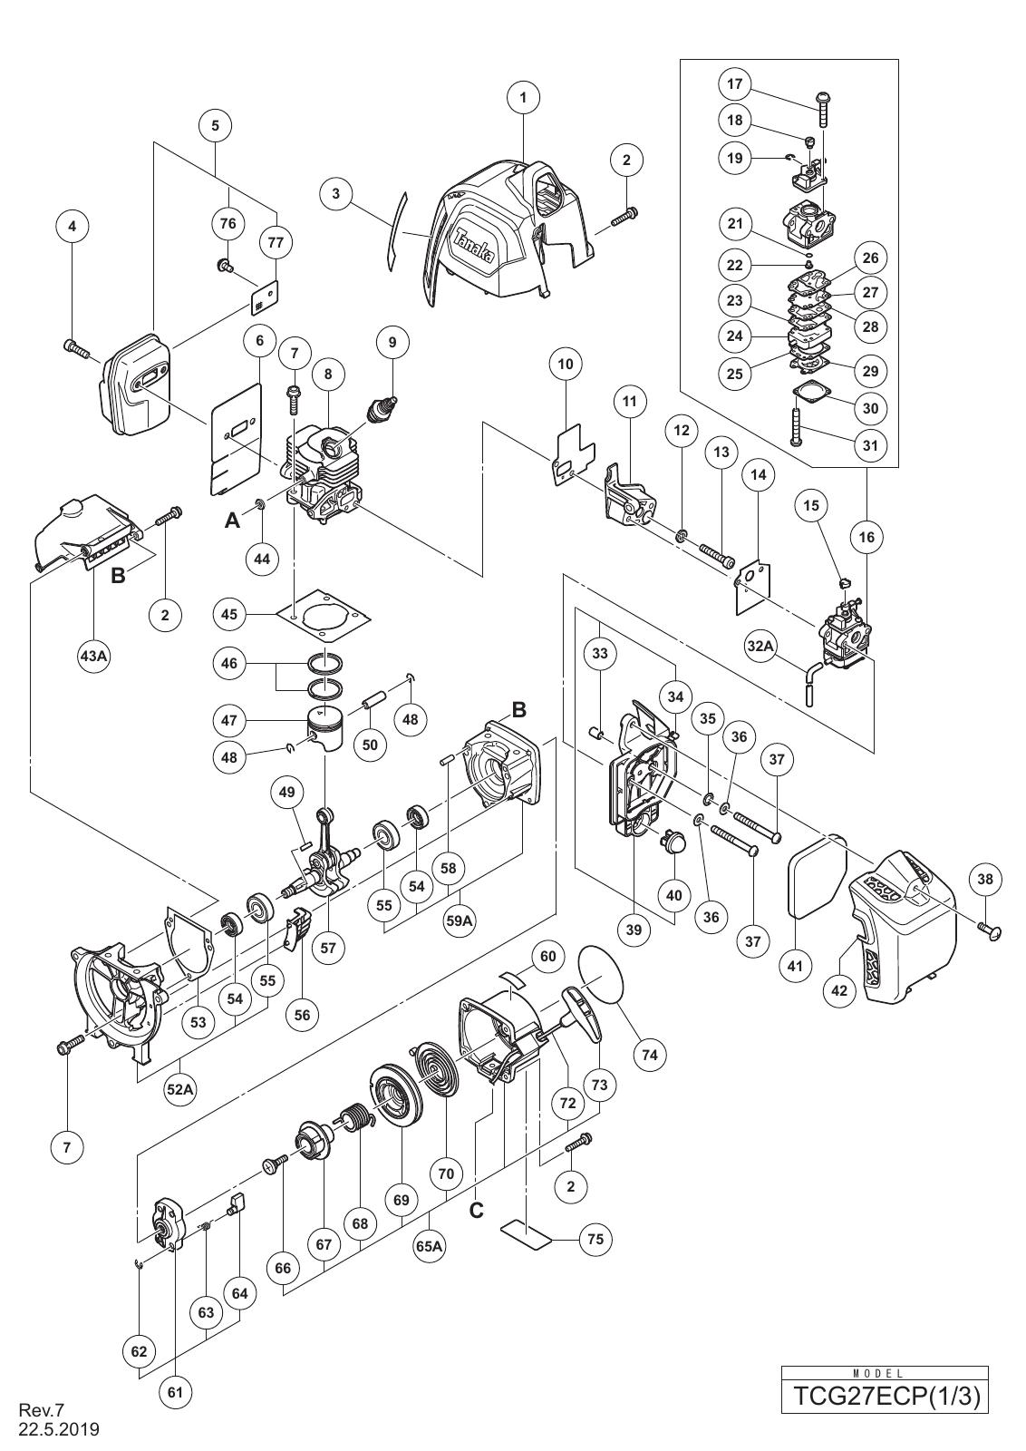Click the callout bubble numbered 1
coord(523,98)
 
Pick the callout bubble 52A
coord(180,1089)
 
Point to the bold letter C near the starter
coord(476,1210)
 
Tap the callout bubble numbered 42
coord(839,990)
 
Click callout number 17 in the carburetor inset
coord(735,84)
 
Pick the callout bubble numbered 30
coord(871,408)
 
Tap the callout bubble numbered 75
coord(595,1239)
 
